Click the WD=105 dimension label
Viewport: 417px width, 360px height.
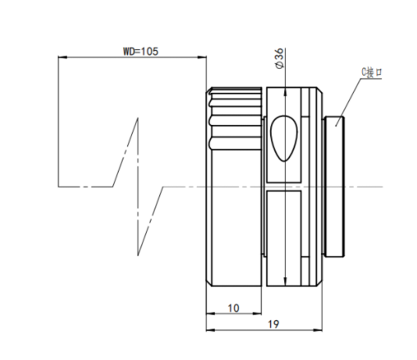coord(141,52)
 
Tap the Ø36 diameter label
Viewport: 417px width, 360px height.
coord(280,59)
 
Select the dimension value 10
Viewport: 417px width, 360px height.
coord(233,308)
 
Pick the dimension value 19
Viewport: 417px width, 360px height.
coord(273,324)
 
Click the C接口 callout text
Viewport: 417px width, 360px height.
coord(372,73)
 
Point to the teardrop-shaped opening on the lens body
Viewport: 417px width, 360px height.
coord(284,138)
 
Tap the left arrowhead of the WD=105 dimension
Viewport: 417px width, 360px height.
coord(62,57)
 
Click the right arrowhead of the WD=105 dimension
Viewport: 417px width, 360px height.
coord(202,57)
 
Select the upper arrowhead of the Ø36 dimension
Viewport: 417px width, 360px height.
coord(285,91)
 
